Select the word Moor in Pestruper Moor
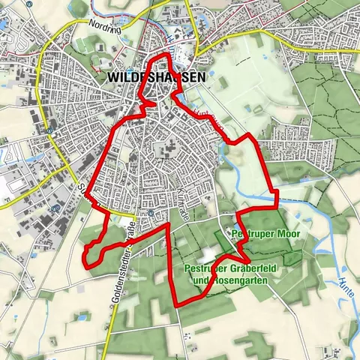click(x=286, y=235)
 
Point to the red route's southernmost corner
click(x=177, y=306)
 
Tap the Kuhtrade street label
click(x=185, y=202)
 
